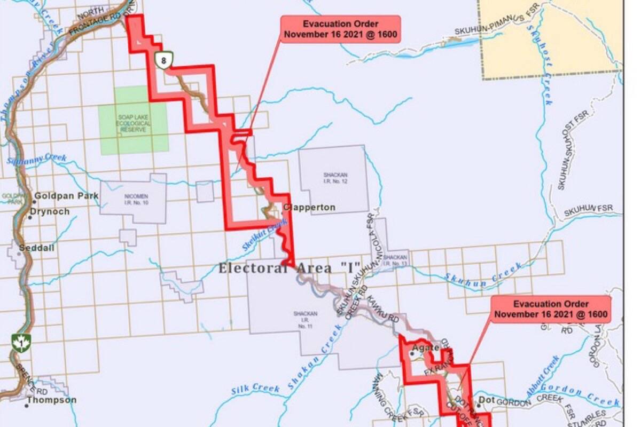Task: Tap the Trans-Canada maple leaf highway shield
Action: (x=20, y=343)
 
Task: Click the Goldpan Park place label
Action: (x=66, y=196)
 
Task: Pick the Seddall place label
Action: (x=37, y=248)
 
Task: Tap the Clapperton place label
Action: (x=309, y=207)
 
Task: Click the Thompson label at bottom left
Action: (x=52, y=400)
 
